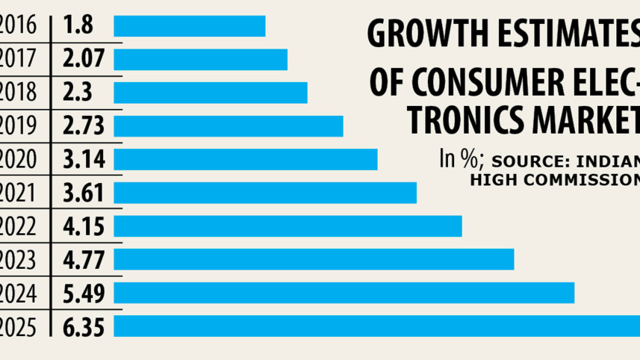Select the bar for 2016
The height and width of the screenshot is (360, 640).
pyautogui.click(x=190, y=25)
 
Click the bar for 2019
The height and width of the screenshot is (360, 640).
pyautogui.click(x=229, y=125)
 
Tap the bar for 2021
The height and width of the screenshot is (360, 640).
pyautogui.click(x=265, y=193)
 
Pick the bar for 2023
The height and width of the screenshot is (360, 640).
pyautogui.click(x=314, y=259)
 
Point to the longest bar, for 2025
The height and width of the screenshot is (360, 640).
pyautogui.click(x=376, y=326)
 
